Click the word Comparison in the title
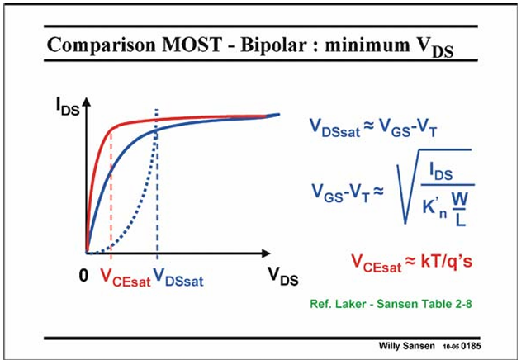102,45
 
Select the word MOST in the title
192,45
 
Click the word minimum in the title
367,45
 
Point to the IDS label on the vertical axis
68,107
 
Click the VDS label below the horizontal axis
283,276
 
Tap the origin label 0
83,276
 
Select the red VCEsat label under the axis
126,277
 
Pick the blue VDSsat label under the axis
178,277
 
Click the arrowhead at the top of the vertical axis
87,101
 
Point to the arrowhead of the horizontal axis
266,253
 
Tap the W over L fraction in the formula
460,209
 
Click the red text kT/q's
447,261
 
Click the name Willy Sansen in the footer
406,346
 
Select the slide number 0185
471,346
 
